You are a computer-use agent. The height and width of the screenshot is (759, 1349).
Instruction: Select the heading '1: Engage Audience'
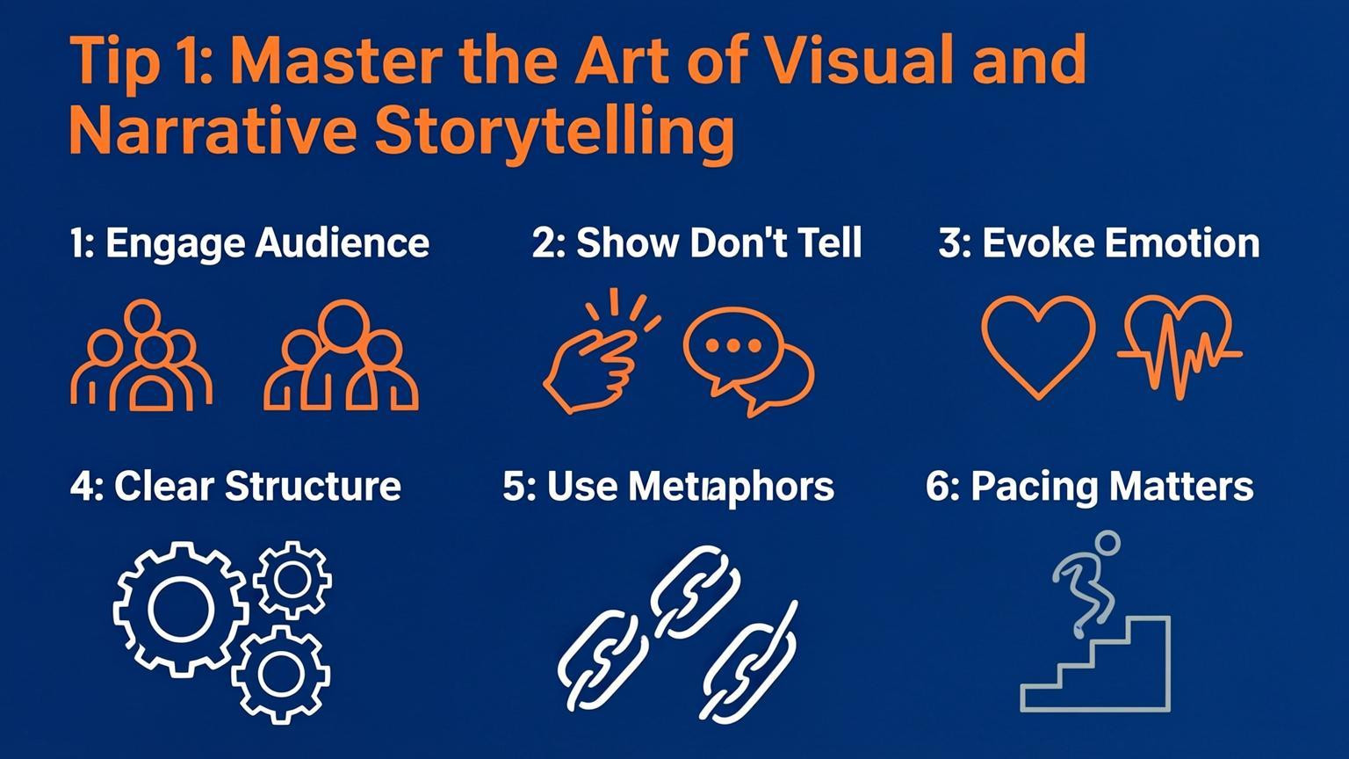tap(249, 243)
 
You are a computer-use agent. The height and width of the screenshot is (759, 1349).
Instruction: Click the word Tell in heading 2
tap(826, 243)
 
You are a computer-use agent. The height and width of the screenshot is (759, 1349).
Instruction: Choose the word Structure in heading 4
tap(313, 486)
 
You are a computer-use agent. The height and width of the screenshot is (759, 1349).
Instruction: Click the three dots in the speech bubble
tap(731, 345)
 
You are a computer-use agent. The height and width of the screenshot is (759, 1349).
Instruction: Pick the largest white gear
tap(180, 608)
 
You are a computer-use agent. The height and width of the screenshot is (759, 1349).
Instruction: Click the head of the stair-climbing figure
tap(1107, 541)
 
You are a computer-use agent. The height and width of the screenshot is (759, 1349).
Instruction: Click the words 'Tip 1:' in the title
tap(141, 61)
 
